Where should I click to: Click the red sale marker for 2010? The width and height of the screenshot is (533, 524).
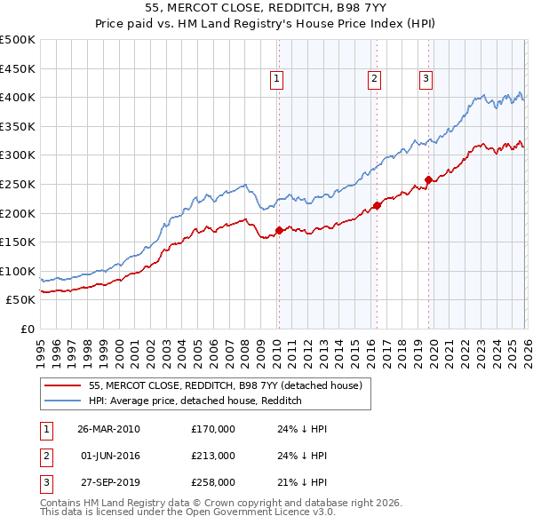279,230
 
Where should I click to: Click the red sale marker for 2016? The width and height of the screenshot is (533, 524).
376,205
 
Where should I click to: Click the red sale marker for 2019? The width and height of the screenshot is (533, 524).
428,179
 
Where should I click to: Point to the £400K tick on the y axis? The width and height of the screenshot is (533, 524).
18,97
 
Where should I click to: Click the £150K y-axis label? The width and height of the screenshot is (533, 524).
18,242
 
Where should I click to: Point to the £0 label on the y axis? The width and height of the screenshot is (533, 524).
27,329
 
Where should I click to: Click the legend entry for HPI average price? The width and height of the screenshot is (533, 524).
195,401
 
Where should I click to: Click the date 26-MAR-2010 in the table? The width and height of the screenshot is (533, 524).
108,428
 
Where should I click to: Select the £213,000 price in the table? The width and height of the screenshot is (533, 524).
213,456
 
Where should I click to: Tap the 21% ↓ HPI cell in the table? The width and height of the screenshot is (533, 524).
302,483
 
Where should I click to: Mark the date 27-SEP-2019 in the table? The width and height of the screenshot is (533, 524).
108,483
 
